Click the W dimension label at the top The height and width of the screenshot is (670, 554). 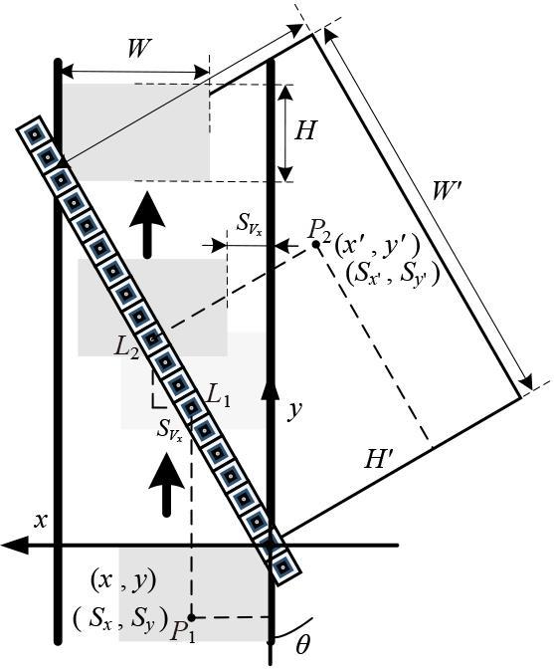click(140, 49)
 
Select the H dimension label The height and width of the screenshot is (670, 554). click(305, 129)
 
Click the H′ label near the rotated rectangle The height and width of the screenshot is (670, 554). click(379, 459)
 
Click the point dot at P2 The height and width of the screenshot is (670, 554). click(316, 245)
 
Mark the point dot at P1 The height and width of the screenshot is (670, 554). click(192, 617)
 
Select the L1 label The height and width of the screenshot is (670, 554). click(218, 396)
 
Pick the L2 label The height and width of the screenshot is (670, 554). click(126, 348)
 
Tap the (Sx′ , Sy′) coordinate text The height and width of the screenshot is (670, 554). click(392, 274)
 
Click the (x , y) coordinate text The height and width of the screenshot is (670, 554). click(123, 581)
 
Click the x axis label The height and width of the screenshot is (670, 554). click(41, 521)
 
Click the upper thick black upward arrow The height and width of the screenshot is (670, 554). click(147, 225)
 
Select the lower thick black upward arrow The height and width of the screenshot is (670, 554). click(166, 484)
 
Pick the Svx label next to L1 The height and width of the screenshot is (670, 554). click(170, 429)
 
